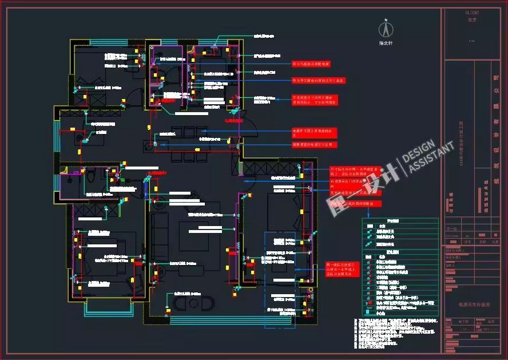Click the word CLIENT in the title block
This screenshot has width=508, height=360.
pyautogui.click(x=472, y=12)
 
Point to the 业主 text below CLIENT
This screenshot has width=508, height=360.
pyautogui.click(x=472, y=19)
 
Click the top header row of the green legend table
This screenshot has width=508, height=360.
pyautogui.click(x=400, y=220)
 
